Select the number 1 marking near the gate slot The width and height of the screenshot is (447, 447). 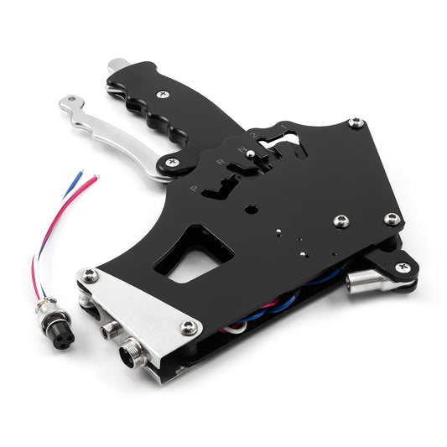[x=283, y=127]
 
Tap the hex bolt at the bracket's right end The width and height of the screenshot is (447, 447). [x=189, y=328]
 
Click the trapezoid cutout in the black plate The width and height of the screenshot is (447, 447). [x=189, y=255]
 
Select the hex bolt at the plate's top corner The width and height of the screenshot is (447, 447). [x=356, y=123]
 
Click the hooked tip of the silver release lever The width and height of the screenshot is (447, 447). [x=67, y=105]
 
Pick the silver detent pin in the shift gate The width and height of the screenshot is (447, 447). [x=251, y=153]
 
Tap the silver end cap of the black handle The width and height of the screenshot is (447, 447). [x=118, y=66]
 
